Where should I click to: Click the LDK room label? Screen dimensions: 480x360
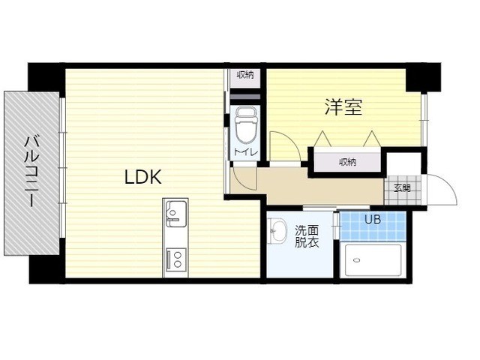point(143,177)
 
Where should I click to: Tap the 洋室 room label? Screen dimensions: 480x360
point(343,106)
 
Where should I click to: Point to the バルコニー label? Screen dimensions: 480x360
point(31,172)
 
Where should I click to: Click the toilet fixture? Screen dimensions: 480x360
point(246,125)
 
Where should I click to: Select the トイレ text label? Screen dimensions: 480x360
point(246,151)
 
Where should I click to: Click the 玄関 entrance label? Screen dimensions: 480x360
point(402,188)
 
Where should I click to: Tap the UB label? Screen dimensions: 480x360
point(373,219)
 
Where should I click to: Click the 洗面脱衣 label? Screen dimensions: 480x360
point(307,236)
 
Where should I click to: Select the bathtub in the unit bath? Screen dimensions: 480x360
point(373,260)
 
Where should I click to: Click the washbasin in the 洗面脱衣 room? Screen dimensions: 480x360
point(277,230)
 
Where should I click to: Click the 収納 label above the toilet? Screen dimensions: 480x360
point(245,75)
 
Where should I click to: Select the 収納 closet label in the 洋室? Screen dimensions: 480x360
point(347,162)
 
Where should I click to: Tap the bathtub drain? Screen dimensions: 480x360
point(355,260)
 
